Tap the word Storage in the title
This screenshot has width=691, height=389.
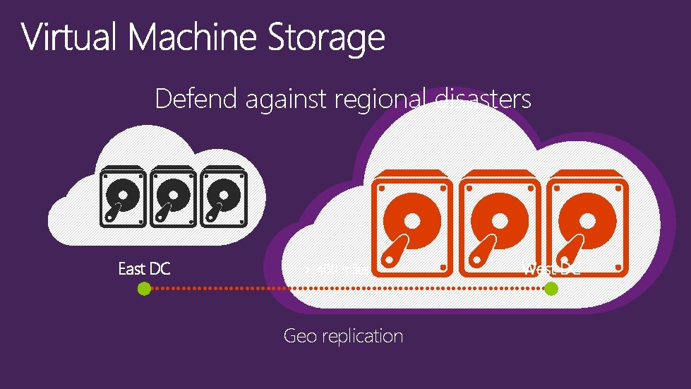click(x=326, y=38)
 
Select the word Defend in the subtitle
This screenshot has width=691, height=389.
click(x=196, y=99)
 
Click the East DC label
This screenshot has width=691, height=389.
click(x=144, y=268)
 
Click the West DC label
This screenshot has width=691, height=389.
click(x=552, y=268)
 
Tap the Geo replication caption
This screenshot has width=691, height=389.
click(x=343, y=335)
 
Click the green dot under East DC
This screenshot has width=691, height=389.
click(x=144, y=288)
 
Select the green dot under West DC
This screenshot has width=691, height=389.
click(x=551, y=288)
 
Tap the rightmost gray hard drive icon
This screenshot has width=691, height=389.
click(x=222, y=197)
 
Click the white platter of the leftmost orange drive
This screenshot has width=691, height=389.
click(x=411, y=221)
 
